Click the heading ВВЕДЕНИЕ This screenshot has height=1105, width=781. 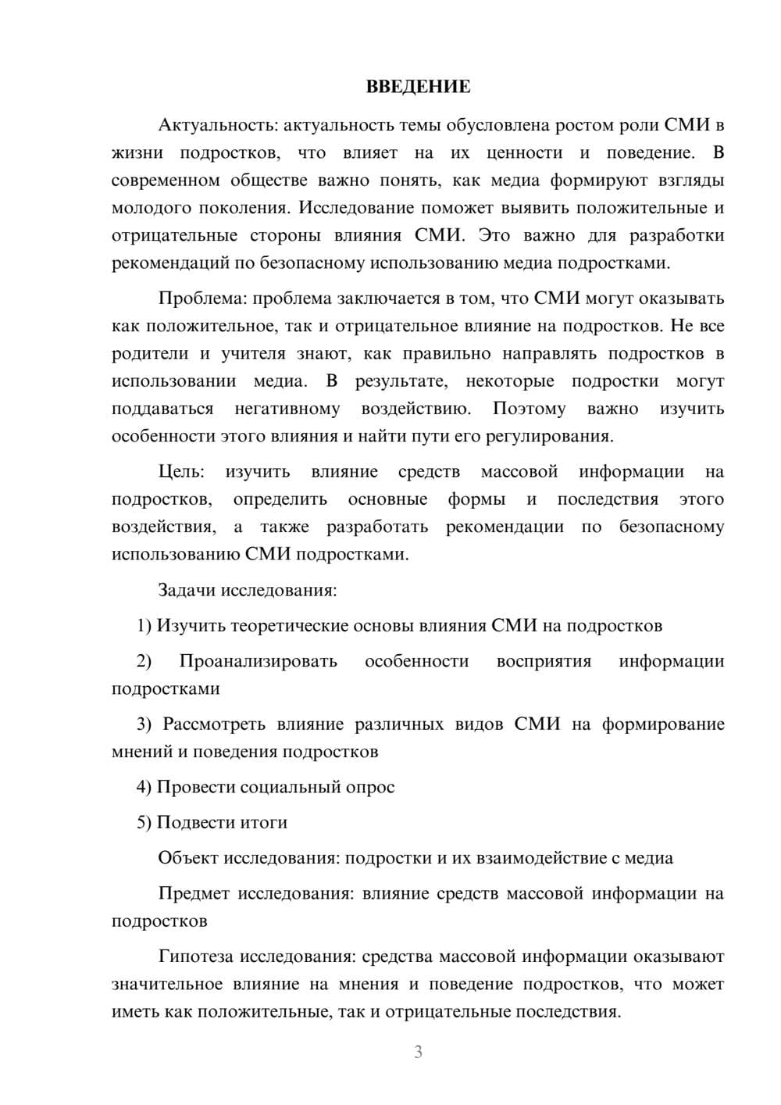418,87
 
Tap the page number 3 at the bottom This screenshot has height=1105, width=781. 418,1052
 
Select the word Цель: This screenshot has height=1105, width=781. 181,472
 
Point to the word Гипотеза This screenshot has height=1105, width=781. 196,957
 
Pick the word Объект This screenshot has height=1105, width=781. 188,858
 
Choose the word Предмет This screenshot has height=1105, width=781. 193,893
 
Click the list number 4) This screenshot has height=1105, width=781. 144,787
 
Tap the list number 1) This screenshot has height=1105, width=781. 144,626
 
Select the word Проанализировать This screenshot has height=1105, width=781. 258,661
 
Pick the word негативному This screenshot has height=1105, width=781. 287,409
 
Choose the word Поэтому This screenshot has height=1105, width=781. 529,409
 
